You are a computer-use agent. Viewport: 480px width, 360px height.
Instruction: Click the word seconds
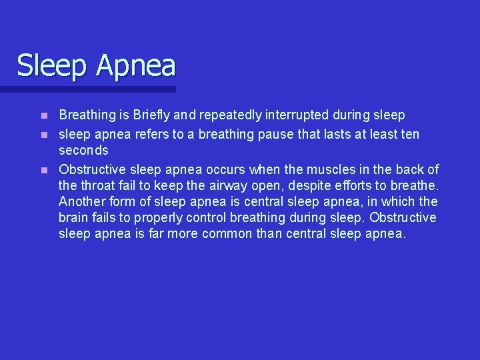point(83,151)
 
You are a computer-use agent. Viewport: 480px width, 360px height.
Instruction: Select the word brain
point(73,218)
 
